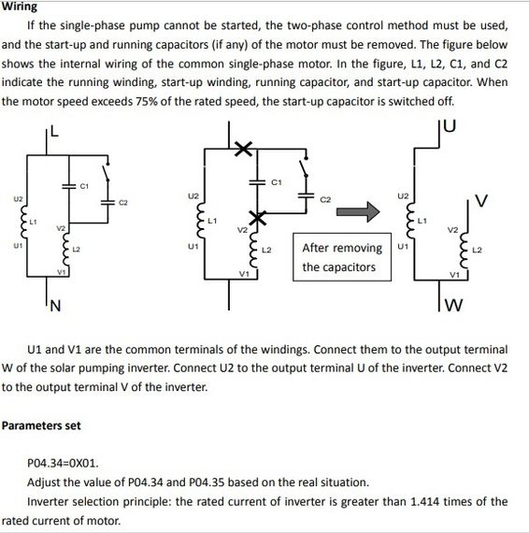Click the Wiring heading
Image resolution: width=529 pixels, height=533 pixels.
click(19, 7)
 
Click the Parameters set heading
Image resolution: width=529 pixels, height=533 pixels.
click(41, 425)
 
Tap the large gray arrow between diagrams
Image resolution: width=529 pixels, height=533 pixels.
click(358, 211)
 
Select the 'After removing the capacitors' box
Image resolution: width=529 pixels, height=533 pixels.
click(342, 257)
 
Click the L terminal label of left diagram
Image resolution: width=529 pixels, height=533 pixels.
click(54, 131)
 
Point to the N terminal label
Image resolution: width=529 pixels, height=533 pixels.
click(55, 306)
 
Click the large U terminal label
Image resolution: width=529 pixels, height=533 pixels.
click(450, 125)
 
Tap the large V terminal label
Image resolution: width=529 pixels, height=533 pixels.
click(481, 200)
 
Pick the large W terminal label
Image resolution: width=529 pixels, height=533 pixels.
click(453, 305)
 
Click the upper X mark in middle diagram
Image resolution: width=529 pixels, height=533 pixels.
click(244, 149)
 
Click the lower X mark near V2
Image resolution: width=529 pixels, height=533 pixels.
click(258, 218)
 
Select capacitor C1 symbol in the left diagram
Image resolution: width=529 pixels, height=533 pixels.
click(69, 186)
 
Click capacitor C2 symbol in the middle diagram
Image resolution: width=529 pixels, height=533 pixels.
click(306, 195)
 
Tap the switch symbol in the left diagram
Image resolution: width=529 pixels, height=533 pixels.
click(107, 172)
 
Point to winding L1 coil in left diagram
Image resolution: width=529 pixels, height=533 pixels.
click(23, 223)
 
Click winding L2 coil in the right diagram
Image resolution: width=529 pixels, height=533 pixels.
click(465, 250)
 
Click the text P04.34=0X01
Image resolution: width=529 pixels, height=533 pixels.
click(63, 463)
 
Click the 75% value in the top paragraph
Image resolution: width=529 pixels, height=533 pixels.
click(146, 101)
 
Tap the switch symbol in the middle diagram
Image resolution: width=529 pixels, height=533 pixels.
click(303, 167)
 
